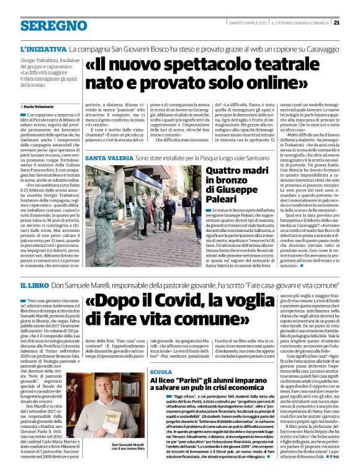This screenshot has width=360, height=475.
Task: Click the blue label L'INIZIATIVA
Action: pyautogui.click(x=43, y=48)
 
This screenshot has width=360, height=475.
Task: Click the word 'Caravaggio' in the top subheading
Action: pyautogui.click(x=316, y=48)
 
